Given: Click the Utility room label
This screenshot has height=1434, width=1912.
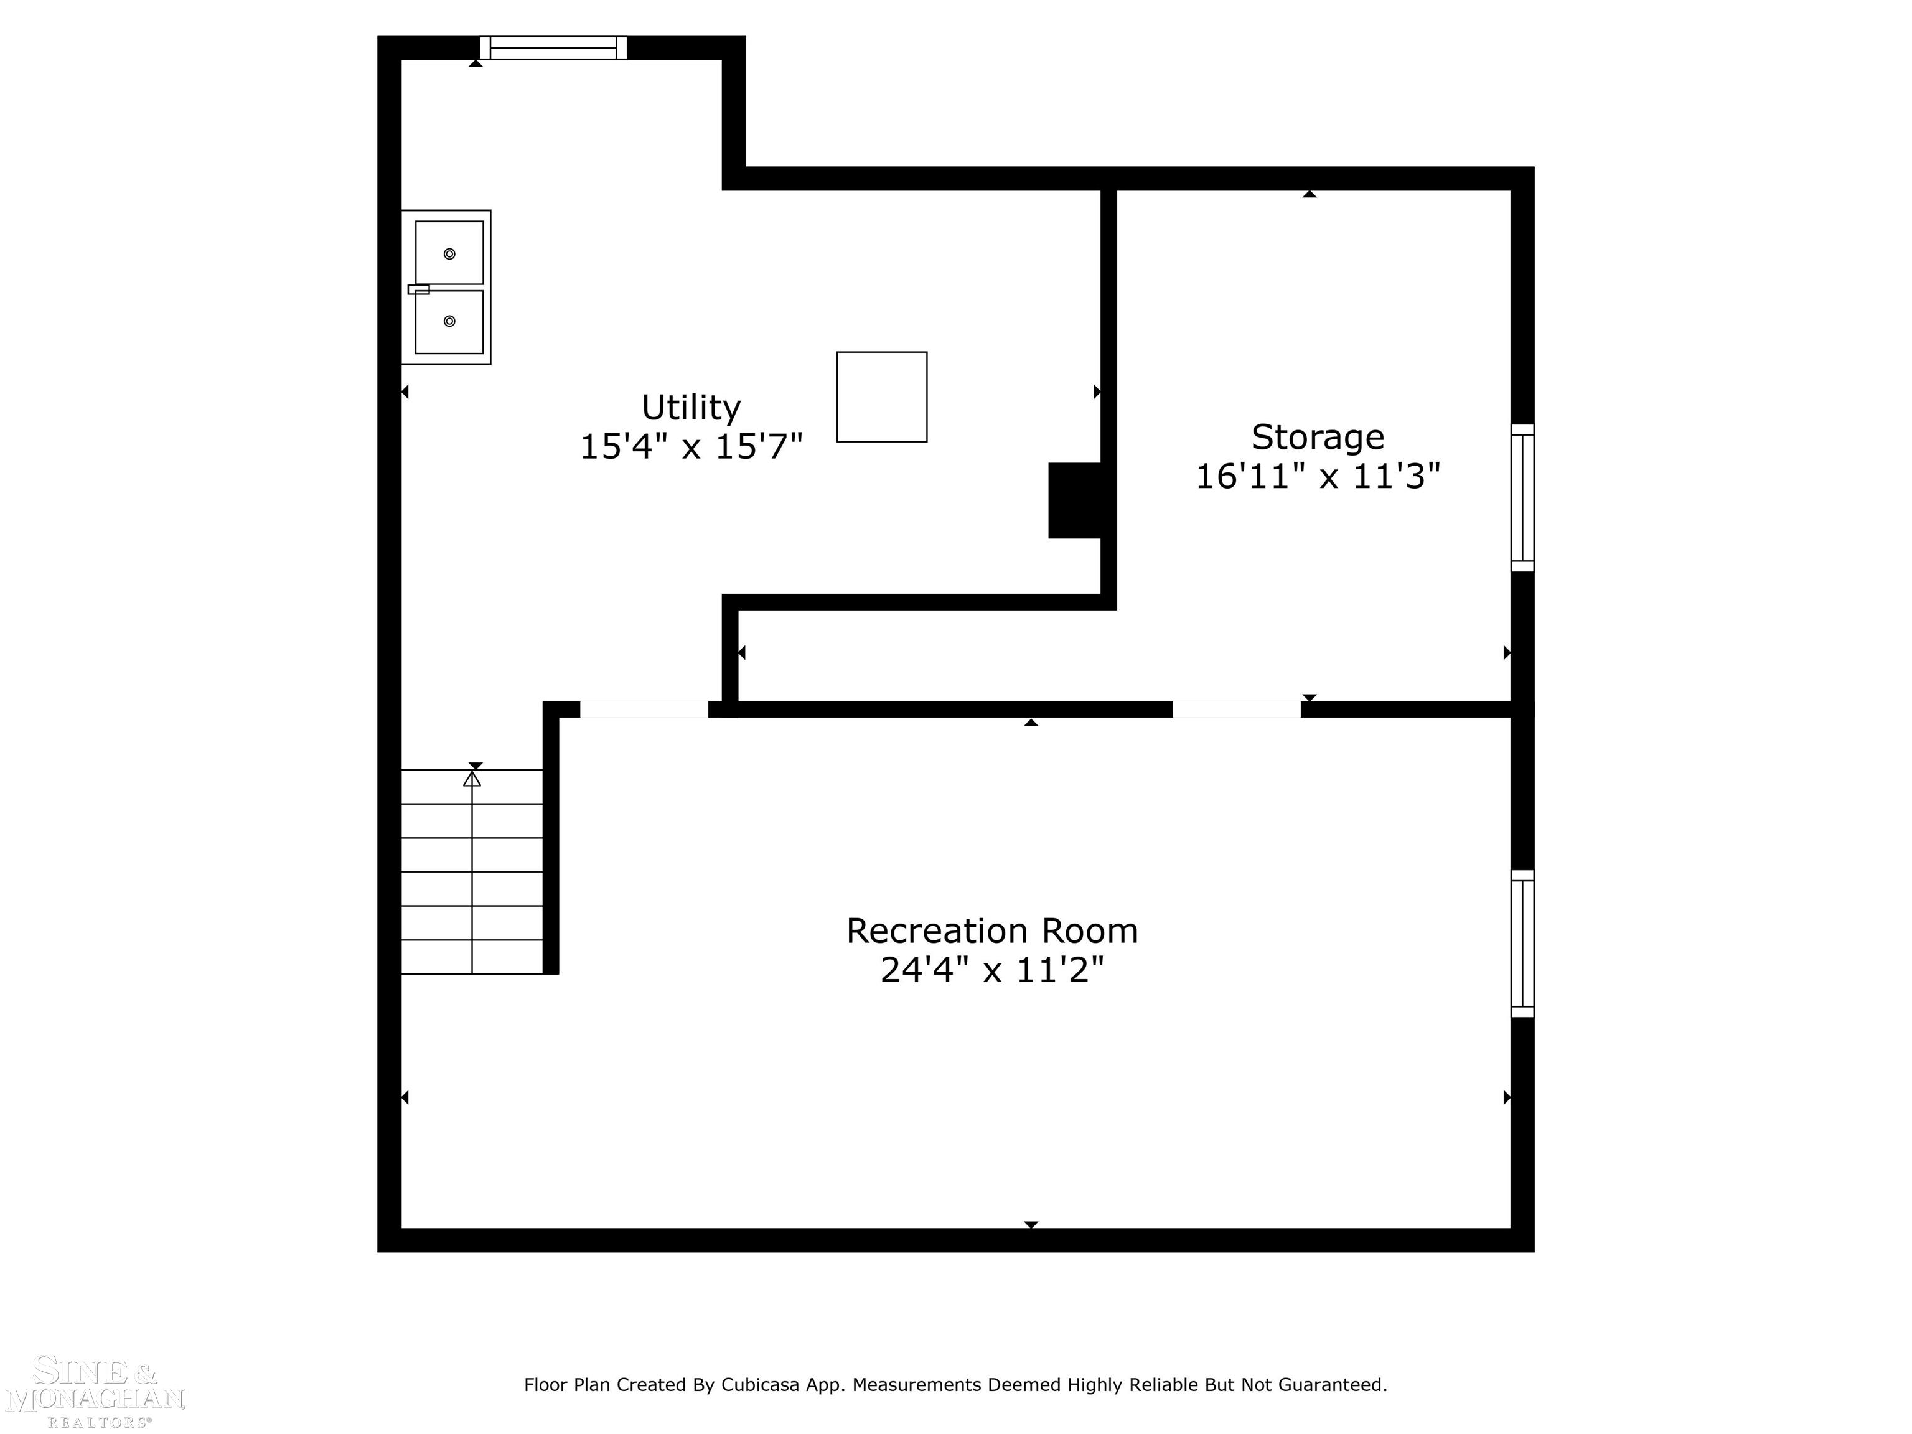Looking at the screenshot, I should (691, 407).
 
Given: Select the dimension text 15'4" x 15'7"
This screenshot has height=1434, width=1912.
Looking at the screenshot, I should (691, 447).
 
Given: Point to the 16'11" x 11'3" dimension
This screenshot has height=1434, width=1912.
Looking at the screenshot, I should (1318, 476).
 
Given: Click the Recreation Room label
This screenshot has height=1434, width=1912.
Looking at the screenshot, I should (991, 931).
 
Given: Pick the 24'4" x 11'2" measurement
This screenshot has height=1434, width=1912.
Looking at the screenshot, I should (991, 970).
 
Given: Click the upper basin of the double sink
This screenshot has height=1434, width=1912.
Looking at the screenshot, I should (449, 253).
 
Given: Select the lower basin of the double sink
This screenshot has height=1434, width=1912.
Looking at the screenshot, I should (449, 322).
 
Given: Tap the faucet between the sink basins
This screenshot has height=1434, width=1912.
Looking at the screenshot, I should (418, 289).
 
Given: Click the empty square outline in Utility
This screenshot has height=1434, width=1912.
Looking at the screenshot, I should (882, 396).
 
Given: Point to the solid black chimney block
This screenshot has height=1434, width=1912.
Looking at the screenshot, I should (1074, 500).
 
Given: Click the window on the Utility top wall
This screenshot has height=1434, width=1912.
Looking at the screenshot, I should (553, 47).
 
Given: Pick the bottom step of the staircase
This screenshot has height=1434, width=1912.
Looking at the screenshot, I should (472, 957).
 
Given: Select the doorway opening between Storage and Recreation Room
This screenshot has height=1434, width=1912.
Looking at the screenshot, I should (1236, 710).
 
